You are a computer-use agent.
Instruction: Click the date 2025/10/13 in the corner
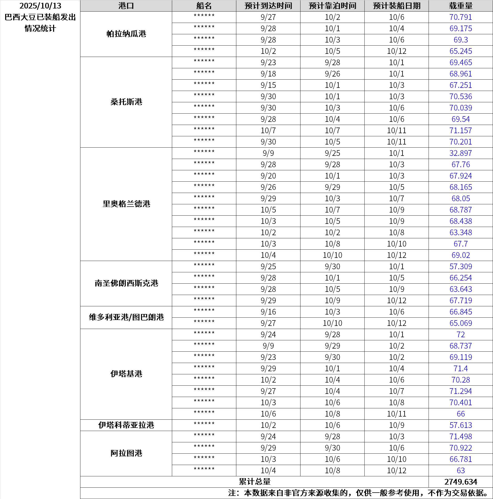coord(40,6)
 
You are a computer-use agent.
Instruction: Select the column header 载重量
coord(461,6)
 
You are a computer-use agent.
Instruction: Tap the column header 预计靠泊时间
coord(332,6)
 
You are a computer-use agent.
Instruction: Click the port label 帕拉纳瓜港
coord(126,34)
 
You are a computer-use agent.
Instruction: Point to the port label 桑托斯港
coord(126,102)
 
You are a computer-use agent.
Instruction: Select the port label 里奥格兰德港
coord(126,204)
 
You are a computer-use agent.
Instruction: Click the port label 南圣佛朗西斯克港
coord(126,283)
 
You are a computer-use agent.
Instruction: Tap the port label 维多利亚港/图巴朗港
coord(126,317)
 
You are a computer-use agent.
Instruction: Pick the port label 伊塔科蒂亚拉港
coord(126,425)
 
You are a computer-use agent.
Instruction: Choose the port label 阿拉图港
coord(126,453)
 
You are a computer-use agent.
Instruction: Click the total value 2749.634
coord(461,482)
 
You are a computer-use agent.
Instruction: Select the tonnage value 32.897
coord(461,153)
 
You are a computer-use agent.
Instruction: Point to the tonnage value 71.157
coord(461,130)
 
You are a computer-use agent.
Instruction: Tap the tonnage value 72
coord(461,334)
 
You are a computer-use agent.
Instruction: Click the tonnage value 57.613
coord(461,425)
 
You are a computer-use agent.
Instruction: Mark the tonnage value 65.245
coord(461,51)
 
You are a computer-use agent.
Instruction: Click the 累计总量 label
coord(255,482)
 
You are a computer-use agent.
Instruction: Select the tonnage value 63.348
coord(461,232)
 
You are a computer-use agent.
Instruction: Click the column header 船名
coord(204,6)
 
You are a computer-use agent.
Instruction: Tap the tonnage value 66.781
coord(461,459)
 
